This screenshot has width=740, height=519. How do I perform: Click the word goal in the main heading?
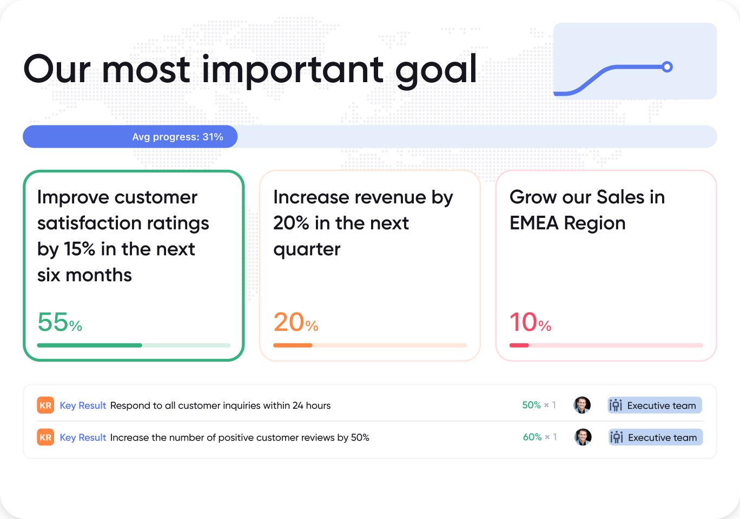pyautogui.click(x=436, y=70)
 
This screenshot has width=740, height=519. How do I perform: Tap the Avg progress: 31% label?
pyautogui.click(x=177, y=137)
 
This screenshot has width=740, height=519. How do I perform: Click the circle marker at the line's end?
pyautogui.click(x=668, y=67)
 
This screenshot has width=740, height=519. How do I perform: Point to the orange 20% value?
pyautogui.click(x=295, y=323)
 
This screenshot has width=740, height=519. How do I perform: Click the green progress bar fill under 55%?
pyautogui.click(x=89, y=345)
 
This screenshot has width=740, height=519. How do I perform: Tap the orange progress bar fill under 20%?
pyautogui.click(x=293, y=345)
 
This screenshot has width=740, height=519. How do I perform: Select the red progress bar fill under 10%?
pyautogui.click(x=519, y=345)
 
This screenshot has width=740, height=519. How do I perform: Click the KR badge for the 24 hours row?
pyautogui.click(x=45, y=405)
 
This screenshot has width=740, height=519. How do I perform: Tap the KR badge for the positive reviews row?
pyautogui.click(x=45, y=437)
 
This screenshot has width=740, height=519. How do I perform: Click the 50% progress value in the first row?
pyautogui.click(x=531, y=405)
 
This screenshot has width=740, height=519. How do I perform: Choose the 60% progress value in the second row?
pyautogui.click(x=532, y=437)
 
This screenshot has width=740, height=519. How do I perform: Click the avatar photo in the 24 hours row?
pyautogui.click(x=582, y=405)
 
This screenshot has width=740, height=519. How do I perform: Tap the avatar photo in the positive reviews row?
pyautogui.click(x=583, y=437)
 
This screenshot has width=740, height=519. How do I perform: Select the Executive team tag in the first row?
pyautogui.click(x=655, y=405)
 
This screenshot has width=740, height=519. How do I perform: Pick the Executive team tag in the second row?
pyautogui.click(x=656, y=437)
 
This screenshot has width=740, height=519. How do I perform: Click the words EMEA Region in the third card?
pyautogui.click(x=567, y=223)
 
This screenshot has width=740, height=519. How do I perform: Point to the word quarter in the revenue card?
pyautogui.click(x=307, y=249)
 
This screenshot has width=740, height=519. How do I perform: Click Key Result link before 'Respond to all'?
pyautogui.click(x=83, y=405)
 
